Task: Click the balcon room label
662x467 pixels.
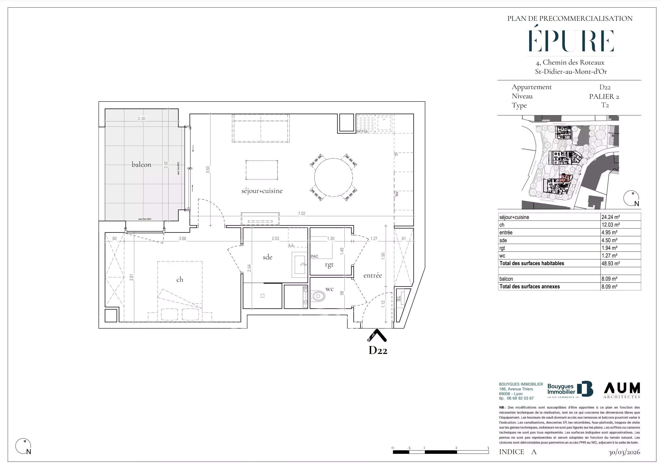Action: (141, 165)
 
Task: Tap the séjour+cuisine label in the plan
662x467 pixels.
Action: (262, 191)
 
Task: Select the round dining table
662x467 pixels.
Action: (333, 177)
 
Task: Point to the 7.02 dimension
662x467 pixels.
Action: (301, 214)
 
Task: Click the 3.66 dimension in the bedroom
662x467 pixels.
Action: (182, 239)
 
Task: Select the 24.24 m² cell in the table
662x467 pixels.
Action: (610, 217)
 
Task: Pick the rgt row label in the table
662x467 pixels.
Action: (502, 248)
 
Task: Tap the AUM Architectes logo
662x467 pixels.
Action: (622, 390)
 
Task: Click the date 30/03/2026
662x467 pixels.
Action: (624, 452)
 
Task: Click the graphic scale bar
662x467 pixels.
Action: (440, 452)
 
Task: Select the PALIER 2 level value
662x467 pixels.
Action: (604, 96)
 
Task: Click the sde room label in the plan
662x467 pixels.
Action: (267, 257)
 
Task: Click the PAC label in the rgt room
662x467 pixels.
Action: (314, 256)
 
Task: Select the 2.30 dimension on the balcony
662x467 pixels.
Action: (141, 119)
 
